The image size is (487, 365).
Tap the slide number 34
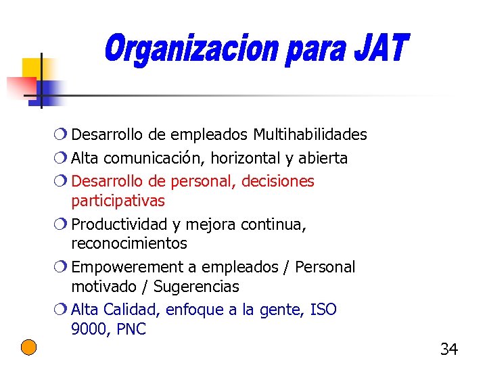tap(448, 349)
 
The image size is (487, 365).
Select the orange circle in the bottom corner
tap(28, 347)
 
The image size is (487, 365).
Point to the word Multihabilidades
tap(311, 135)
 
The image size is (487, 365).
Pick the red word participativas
tap(118, 201)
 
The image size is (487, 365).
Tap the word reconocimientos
tap(129, 243)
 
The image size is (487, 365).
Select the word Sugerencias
tap(196, 287)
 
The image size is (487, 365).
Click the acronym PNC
tap(131, 330)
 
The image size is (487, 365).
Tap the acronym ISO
tap(323, 310)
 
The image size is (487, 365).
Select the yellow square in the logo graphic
tap(32, 68)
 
